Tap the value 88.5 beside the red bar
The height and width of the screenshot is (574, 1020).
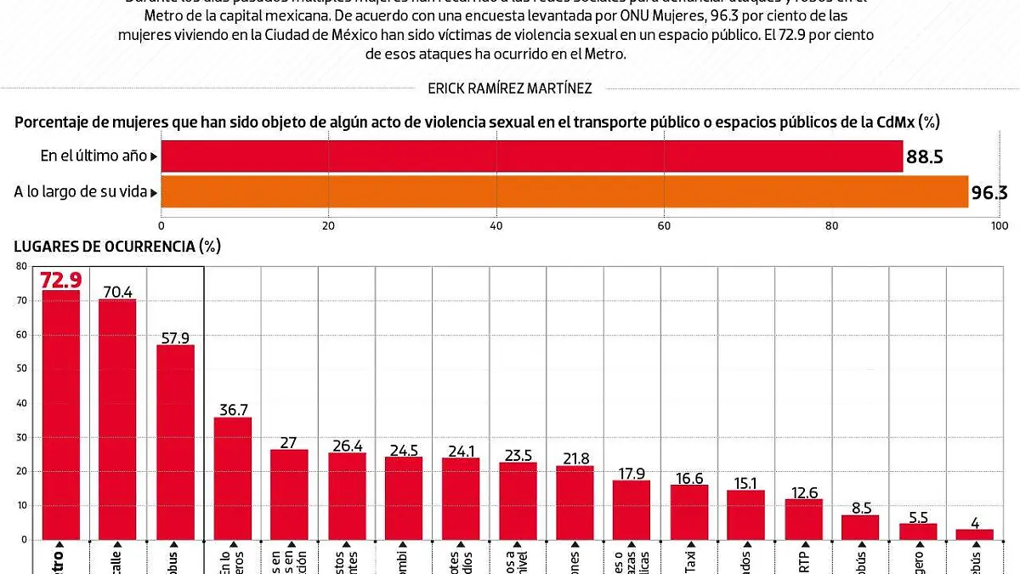pyautogui.click(x=926, y=157)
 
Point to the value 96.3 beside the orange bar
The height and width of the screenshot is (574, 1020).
pyautogui.click(x=989, y=193)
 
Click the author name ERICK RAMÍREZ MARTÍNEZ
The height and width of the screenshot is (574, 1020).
pyautogui.click(x=510, y=88)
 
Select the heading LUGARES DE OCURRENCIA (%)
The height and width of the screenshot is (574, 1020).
pyautogui.click(x=117, y=247)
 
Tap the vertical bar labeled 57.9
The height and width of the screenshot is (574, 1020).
pyautogui.click(x=175, y=441)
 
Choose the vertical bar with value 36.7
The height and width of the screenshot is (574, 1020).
pyautogui.click(x=232, y=478)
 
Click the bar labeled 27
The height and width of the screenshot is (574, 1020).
pyautogui.click(x=289, y=494)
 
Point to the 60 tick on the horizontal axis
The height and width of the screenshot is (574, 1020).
pyautogui.click(x=664, y=225)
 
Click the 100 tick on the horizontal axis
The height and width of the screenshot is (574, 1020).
pyautogui.click(x=1000, y=225)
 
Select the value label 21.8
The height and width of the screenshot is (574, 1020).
pyautogui.click(x=575, y=457)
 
